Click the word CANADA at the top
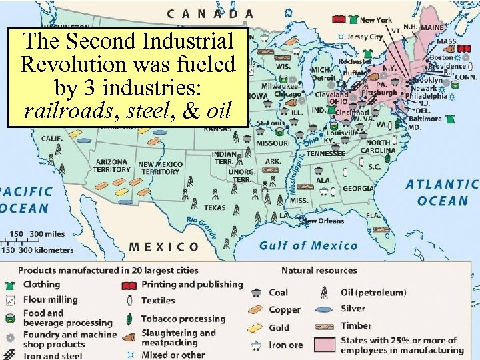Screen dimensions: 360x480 tap(210, 13)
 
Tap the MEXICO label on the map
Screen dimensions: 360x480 tap(164, 247)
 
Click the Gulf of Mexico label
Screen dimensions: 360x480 tap(308, 245)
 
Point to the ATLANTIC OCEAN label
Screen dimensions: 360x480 tap(442, 192)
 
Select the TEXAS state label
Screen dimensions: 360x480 tap(215, 207)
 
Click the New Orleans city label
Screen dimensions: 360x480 tap(325, 221)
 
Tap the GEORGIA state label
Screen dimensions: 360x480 tap(358, 189)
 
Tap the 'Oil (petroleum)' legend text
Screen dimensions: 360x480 tap(373, 292)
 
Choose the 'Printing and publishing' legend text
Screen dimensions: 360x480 tap(192, 284)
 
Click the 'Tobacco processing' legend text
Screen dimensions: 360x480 tap(183, 319)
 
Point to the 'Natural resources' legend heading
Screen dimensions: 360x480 tap(319, 270)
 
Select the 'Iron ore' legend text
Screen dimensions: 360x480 tap(285, 345)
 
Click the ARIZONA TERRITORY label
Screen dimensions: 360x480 tap(113, 165)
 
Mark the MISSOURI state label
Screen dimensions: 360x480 tap(273, 143)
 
